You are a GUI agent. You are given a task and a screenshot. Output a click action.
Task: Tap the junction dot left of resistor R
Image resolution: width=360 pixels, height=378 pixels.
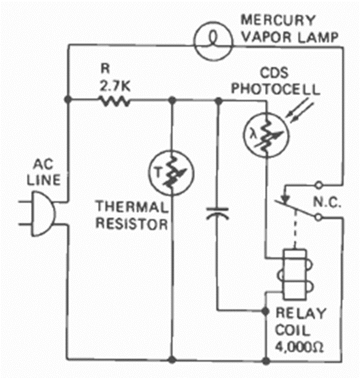68,101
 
